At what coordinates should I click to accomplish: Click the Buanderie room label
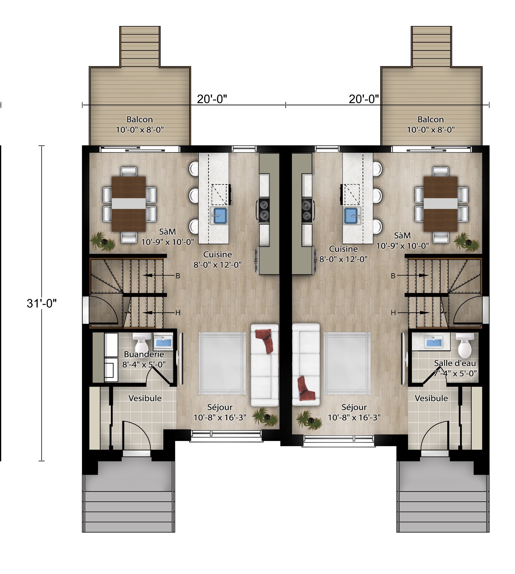pyautogui.click(x=144, y=354)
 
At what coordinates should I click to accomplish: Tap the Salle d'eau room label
pyautogui.click(x=455, y=363)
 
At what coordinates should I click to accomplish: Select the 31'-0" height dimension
pyautogui.click(x=42, y=303)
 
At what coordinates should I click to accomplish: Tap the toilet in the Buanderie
pyautogui.click(x=141, y=343)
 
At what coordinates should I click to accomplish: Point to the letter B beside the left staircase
pyautogui.click(x=178, y=276)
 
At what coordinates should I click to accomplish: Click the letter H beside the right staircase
pyautogui.click(x=393, y=313)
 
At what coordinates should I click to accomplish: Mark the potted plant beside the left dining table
pyautogui.click(x=103, y=241)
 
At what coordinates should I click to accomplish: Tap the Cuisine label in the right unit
pyautogui.click(x=343, y=249)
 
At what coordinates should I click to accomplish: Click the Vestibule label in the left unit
pyautogui.click(x=145, y=398)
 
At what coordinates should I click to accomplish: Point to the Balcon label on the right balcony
pyautogui.click(x=430, y=120)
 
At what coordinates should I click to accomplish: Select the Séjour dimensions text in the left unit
pyautogui.click(x=220, y=417)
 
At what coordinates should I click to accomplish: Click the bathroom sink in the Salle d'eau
pyautogui.click(x=433, y=342)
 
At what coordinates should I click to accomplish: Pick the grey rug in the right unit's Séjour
pyautogui.click(x=347, y=363)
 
